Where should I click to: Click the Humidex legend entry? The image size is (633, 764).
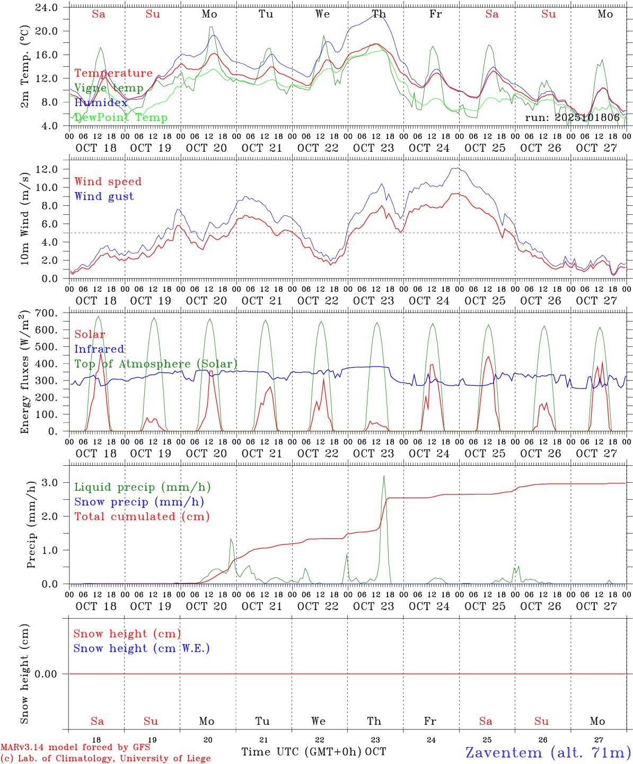(101, 103)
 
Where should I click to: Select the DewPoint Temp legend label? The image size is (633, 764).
(121, 118)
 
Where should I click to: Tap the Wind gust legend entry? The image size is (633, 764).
(104, 196)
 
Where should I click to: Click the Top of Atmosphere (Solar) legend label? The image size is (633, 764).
(156, 364)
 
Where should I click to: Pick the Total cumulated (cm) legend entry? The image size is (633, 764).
(142, 516)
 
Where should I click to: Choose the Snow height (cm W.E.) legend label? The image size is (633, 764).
(142, 648)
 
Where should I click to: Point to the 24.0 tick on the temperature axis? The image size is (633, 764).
(47, 8)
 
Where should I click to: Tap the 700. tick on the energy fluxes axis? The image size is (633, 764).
(47, 313)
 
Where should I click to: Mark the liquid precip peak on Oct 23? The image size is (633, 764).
(384, 476)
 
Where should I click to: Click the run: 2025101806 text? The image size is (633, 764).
(572, 118)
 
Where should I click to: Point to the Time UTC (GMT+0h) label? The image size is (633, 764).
(301, 752)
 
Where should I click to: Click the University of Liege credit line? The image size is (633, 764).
(105, 759)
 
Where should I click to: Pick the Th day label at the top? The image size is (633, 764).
(379, 14)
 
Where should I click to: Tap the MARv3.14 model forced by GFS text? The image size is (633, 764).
(75, 747)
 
